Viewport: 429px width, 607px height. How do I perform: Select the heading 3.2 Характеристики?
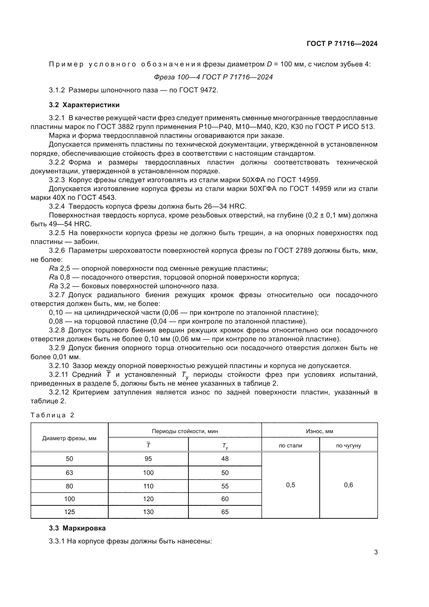point(84,105)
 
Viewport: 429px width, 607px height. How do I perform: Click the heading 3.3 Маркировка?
point(77,528)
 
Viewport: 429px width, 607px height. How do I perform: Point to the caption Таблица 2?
point(52,415)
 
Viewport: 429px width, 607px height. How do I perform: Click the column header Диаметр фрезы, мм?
point(69,438)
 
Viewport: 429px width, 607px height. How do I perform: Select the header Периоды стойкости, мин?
point(185,431)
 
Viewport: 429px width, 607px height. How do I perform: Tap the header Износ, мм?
point(319,431)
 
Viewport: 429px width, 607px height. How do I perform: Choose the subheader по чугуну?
point(348,446)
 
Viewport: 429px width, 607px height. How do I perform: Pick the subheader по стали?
point(290,446)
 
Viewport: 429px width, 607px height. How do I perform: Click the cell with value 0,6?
point(348,485)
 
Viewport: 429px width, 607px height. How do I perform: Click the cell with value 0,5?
point(290,485)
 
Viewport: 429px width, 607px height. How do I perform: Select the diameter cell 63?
point(69,473)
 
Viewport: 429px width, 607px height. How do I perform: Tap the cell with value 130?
point(148,512)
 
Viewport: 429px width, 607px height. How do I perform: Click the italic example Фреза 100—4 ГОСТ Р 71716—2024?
point(213,77)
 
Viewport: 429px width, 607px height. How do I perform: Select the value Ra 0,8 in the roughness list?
point(59,277)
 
